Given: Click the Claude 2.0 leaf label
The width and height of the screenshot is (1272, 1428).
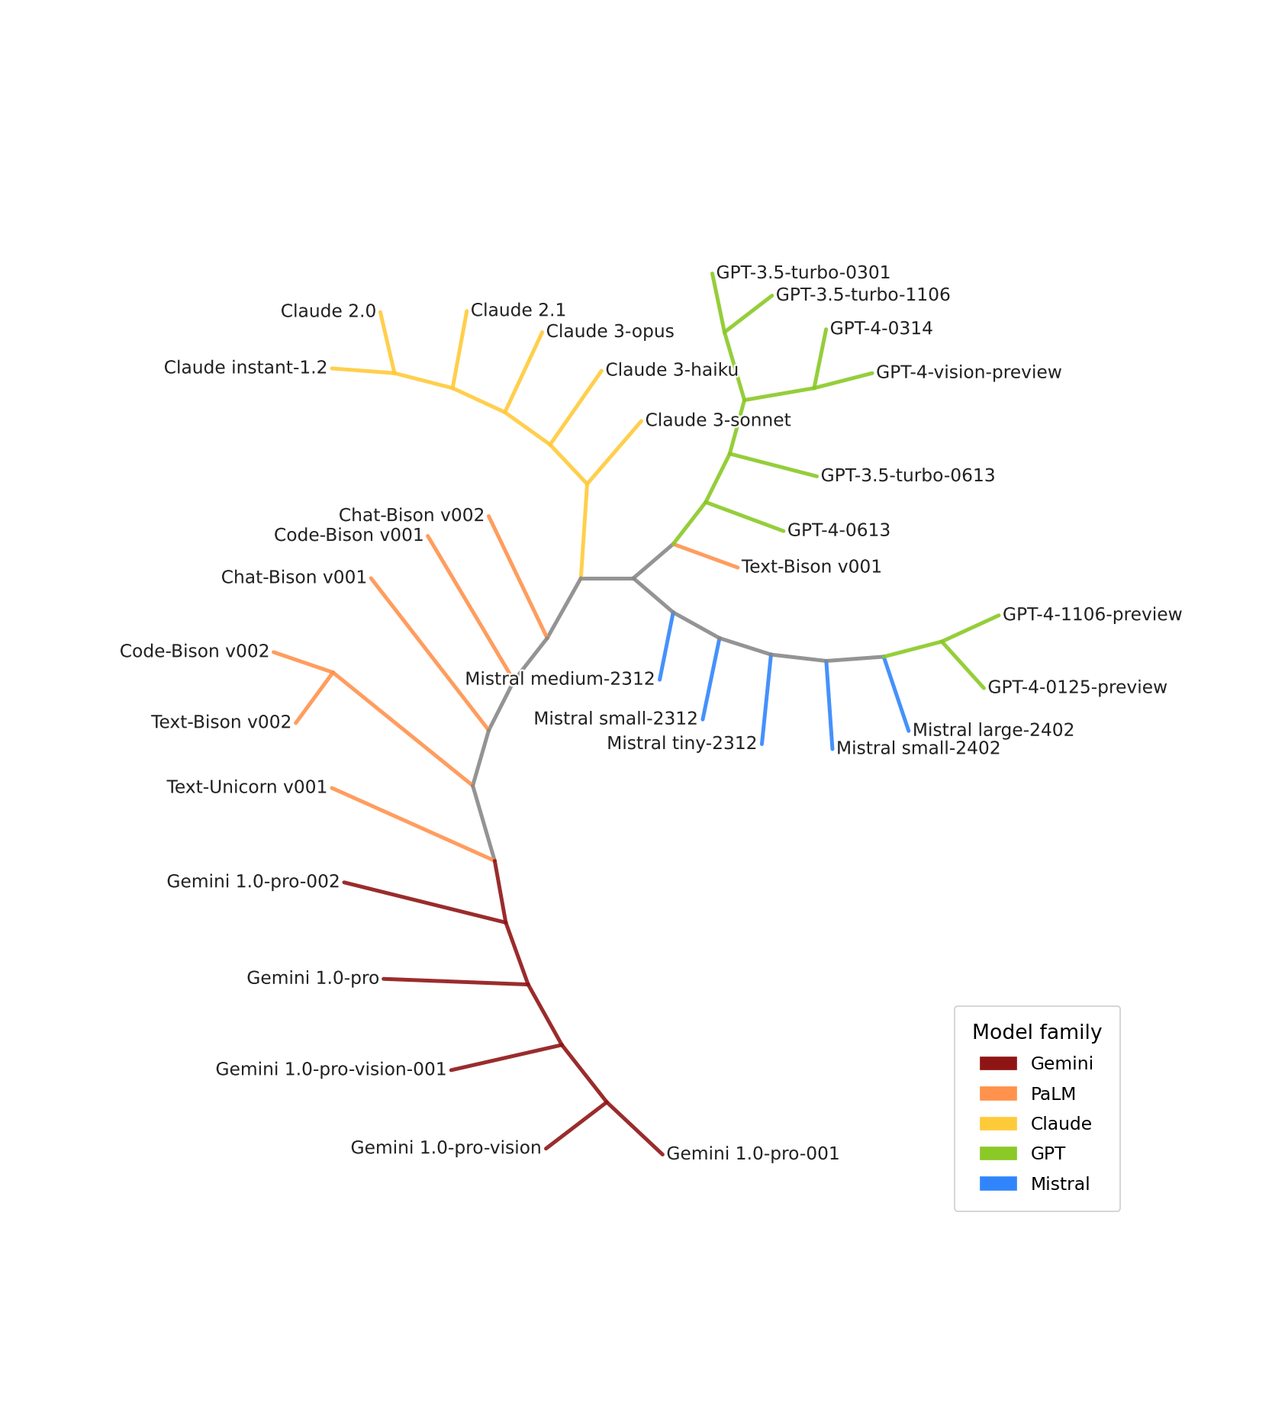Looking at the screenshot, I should [x=328, y=311].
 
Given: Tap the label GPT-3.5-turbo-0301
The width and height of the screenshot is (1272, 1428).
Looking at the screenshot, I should [x=803, y=273].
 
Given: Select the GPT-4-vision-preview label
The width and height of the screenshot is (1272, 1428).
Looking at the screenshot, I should [x=968, y=373].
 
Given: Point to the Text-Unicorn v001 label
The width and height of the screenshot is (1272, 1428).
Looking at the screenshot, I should [x=246, y=787].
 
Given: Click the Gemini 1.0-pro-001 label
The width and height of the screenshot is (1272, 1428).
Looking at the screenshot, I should [x=752, y=1153].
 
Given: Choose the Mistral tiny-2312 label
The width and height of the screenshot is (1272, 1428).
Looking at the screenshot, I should [x=681, y=743].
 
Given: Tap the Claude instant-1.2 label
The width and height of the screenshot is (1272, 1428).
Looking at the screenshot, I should [x=245, y=368].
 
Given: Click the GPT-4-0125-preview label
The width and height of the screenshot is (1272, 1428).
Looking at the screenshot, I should [x=1077, y=687].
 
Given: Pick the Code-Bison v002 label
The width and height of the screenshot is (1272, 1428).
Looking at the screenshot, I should [x=195, y=651].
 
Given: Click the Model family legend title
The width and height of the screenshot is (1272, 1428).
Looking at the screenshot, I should [x=1036, y=1033].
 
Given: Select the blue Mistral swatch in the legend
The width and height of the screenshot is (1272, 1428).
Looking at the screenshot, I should [x=998, y=1184].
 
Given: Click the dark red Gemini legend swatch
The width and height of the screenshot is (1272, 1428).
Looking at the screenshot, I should [x=998, y=1063].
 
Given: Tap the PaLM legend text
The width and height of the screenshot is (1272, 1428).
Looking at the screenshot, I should [x=1052, y=1094].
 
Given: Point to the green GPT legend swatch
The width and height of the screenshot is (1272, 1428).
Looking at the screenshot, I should [x=998, y=1153].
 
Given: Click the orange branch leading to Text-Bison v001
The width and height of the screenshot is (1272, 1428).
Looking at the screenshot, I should [x=706, y=556].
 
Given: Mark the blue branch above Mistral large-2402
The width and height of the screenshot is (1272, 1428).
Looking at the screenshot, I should [x=896, y=693].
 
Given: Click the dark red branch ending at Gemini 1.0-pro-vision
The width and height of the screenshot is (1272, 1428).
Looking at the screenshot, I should [x=576, y=1125].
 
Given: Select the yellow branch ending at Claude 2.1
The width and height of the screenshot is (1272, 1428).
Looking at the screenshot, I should [x=460, y=349].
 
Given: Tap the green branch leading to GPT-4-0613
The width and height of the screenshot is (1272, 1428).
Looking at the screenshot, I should [x=745, y=516].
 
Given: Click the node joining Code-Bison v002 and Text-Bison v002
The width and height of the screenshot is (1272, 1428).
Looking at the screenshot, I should [x=333, y=672].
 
